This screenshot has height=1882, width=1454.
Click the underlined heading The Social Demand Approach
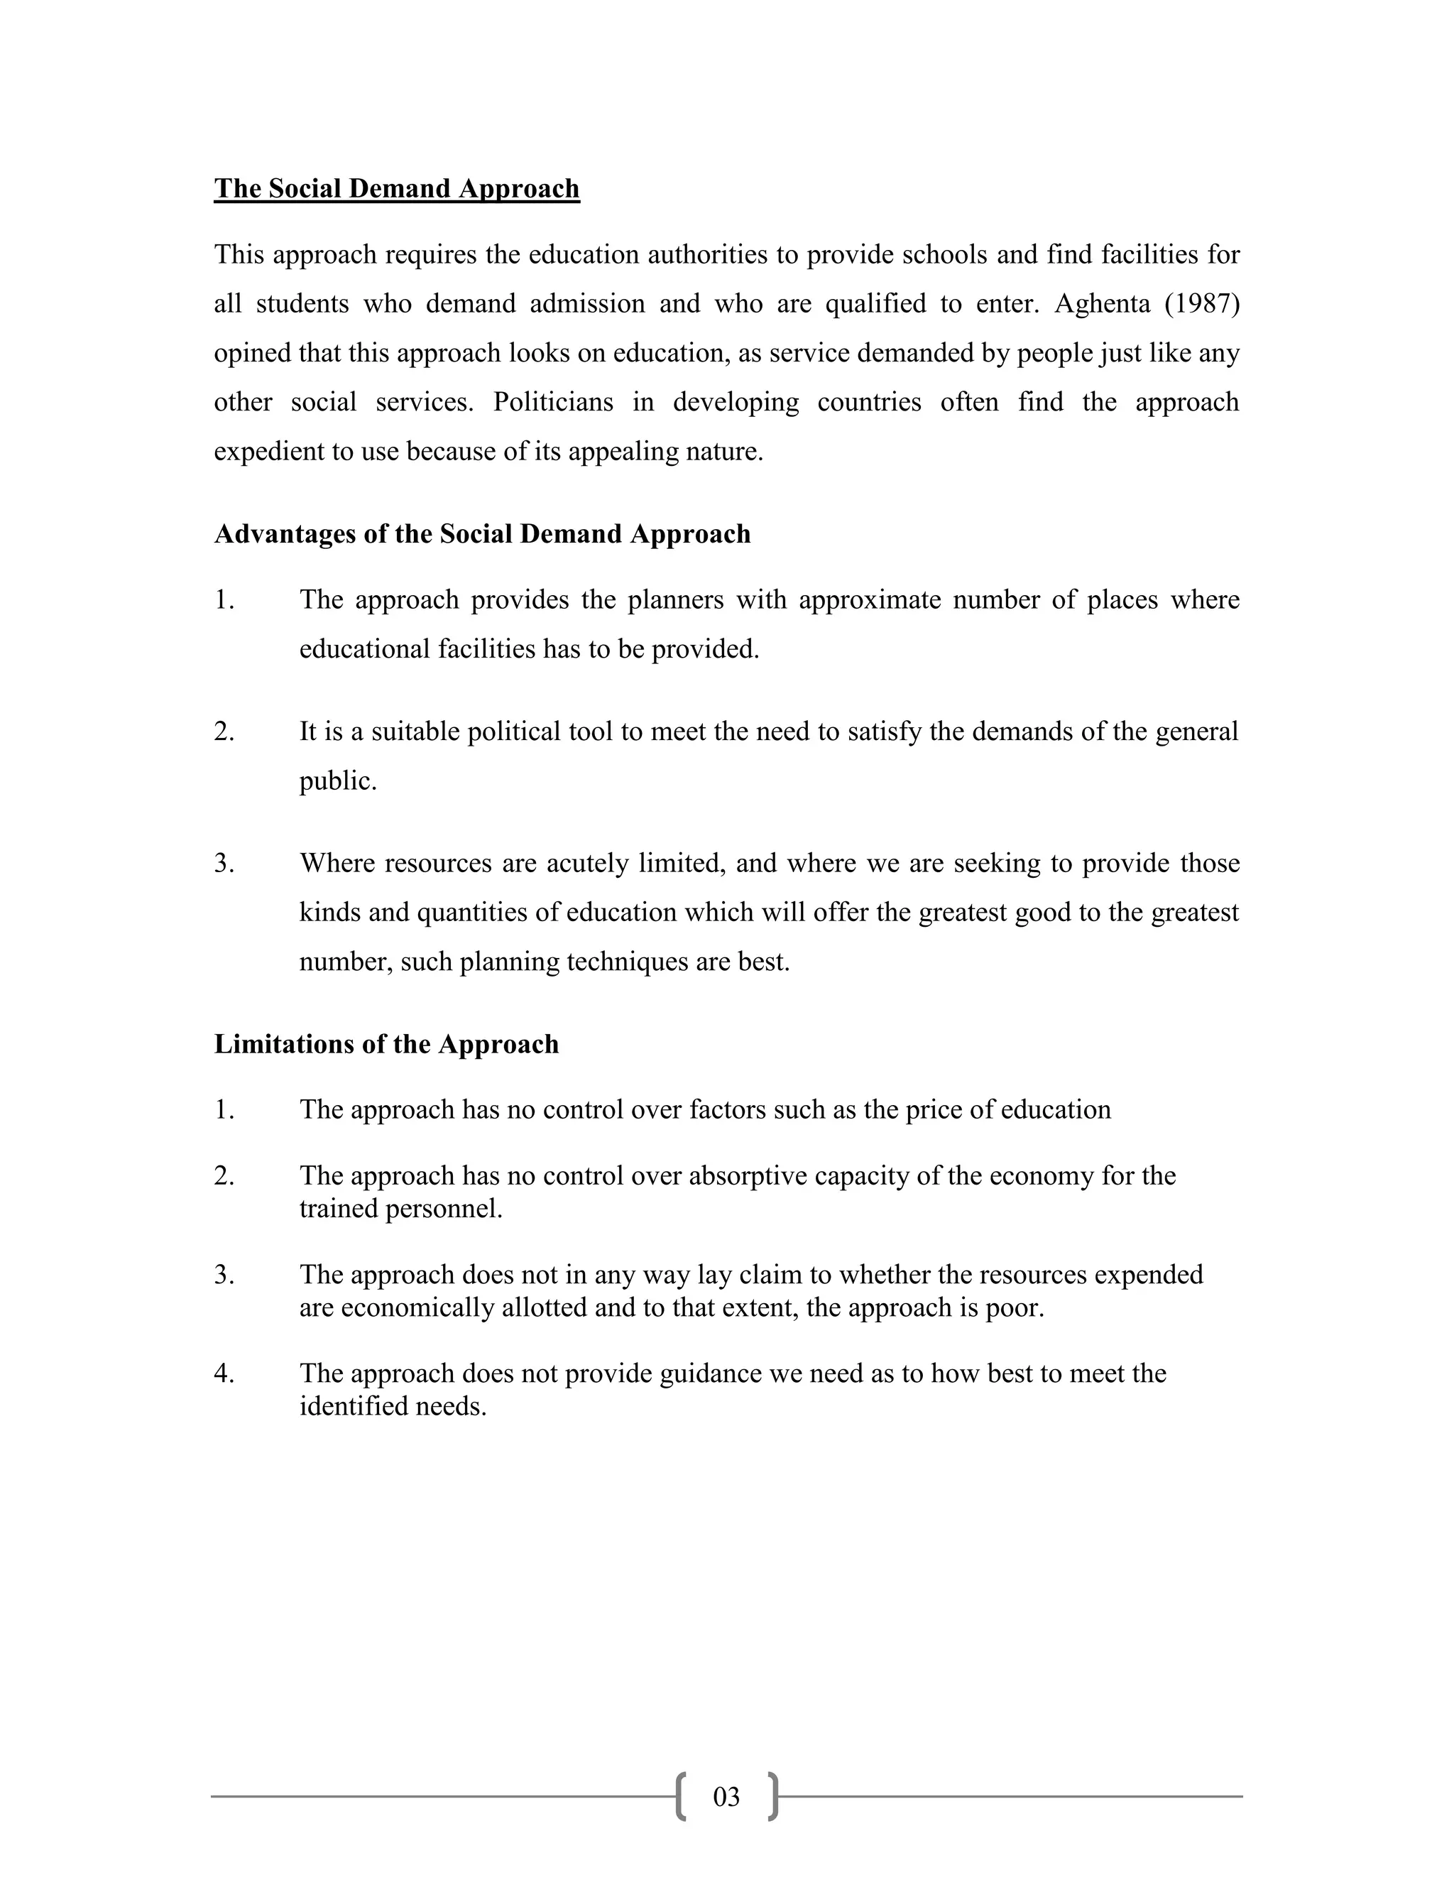tap(396, 189)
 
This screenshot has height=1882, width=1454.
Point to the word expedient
tap(268, 452)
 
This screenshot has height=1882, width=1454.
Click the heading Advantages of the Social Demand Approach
tap(481, 534)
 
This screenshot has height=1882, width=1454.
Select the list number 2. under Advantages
tap(224, 731)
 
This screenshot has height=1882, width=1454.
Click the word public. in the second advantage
tap(338, 780)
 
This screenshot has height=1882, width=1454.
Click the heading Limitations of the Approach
tap(386, 1045)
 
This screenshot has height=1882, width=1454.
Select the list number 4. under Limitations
tap(224, 1374)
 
